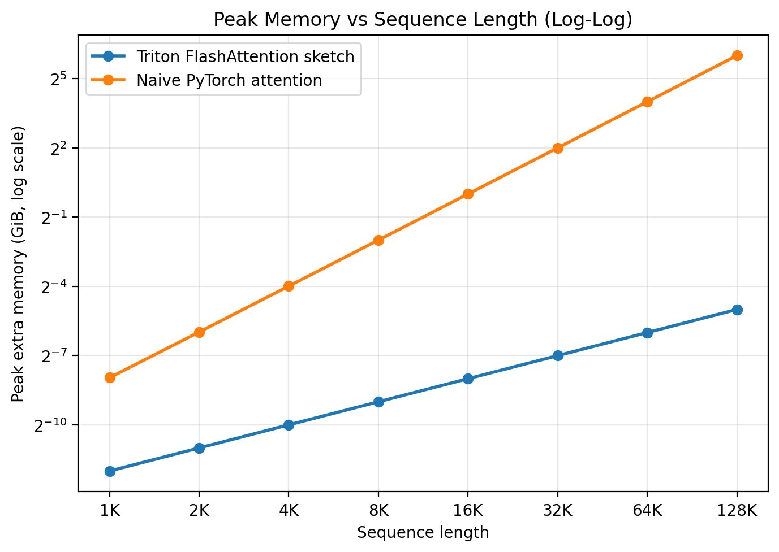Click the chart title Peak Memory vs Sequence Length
pyautogui.click(x=423, y=20)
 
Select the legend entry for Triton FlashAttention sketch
pyautogui.click(x=245, y=56)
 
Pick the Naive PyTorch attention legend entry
pyautogui.click(x=229, y=80)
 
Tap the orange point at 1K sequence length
pyautogui.click(x=110, y=377)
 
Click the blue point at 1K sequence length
pyautogui.click(x=110, y=471)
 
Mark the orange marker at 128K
pyautogui.click(x=737, y=55)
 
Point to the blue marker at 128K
pyautogui.click(x=737, y=310)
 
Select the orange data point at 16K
pyautogui.click(x=468, y=194)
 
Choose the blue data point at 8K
pyautogui.click(x=378, y=402)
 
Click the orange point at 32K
pyautogui.click(x=558, y=148)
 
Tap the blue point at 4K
pyautogui.click(x=289, y=425)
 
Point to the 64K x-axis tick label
pyautogui.click(x=647, y=511)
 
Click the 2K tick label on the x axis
pyautogui.click(x=199, y=511)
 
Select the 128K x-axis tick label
pyautogui.click(x=737, y=511)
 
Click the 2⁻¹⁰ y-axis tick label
pyautogui.click(x=50, y=425)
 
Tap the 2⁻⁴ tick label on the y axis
pyautogui.click(x=54, y=287)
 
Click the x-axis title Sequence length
pyautogui.click(x=423, y=533)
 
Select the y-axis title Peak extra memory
pyautogui.click(x=18, y=264)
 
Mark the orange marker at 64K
pyautogui.click(x=647, y=102)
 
